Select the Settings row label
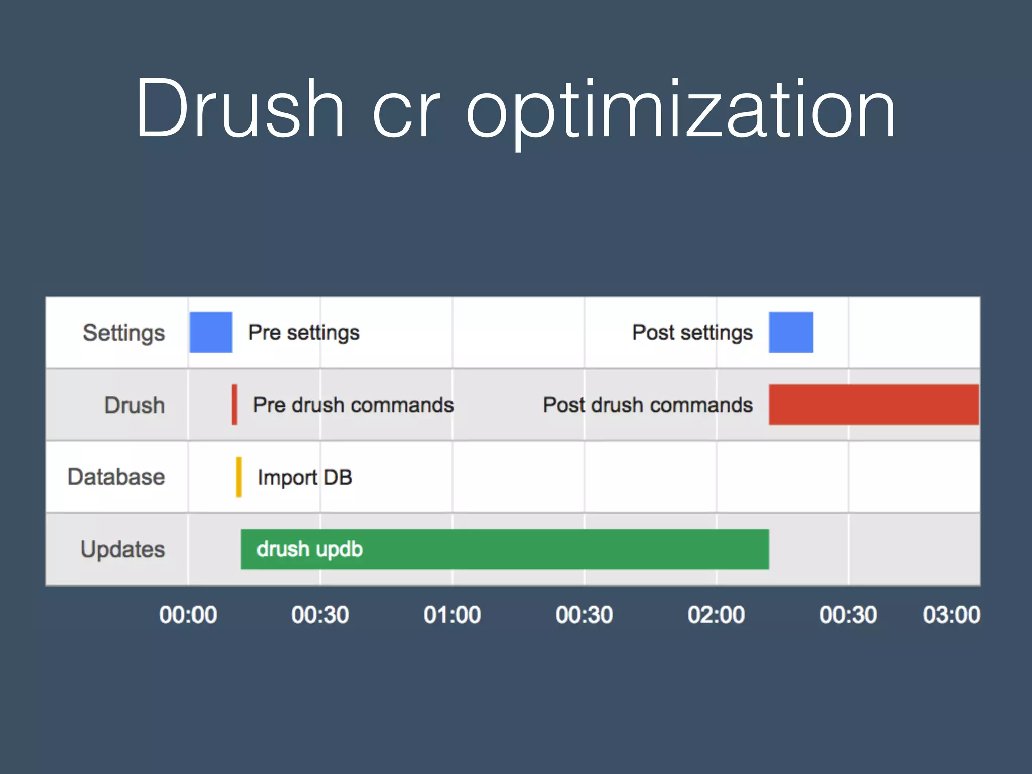click(123, 333)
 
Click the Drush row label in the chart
click(135, 405)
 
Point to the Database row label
click(116, 477)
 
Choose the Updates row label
click(122, 549)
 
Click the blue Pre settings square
click(211, 333)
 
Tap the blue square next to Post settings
click(791, 333)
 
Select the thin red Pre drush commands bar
click(234, 405)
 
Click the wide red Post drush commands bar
click(873, 405)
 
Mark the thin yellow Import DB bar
click(239, 477)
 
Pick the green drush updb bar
click(505, 549)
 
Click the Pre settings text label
click(304, 333)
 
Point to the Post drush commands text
click(648, 405)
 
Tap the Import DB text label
click(304, 477)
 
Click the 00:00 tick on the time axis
click(188, 615)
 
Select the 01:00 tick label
click(452, 615)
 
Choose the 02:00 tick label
click(716, 615)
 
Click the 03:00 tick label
click(951, 615)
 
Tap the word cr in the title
click(406, 113)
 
